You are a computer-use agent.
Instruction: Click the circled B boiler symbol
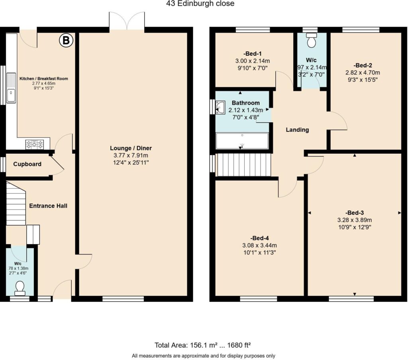coord(66,41)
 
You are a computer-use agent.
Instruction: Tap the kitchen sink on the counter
coord(11,88)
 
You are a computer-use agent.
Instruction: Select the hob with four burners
coord(35,145)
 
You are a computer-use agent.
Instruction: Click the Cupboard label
coord(27,164)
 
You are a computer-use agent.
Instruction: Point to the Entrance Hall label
coord(48,206)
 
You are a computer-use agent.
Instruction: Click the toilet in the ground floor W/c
coord(20,288)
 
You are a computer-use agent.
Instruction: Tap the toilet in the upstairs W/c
coord(311,40)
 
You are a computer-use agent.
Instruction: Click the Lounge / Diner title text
coord(131,148)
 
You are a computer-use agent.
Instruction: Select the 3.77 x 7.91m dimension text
coord(131,156)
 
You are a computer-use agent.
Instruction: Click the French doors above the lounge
coord(127,21)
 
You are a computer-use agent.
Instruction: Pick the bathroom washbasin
coord(220,107)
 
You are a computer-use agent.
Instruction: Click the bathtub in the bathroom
coord(242,141)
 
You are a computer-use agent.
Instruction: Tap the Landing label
coord(297,129)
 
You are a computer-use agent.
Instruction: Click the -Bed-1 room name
coord(253,54)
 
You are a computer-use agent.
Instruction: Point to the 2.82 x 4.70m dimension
coord(363,72)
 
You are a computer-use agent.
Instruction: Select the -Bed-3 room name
coord(355,213)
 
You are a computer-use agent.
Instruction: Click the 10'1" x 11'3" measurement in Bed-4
coord(259,252)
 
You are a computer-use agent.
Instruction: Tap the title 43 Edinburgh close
coord(200,3)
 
